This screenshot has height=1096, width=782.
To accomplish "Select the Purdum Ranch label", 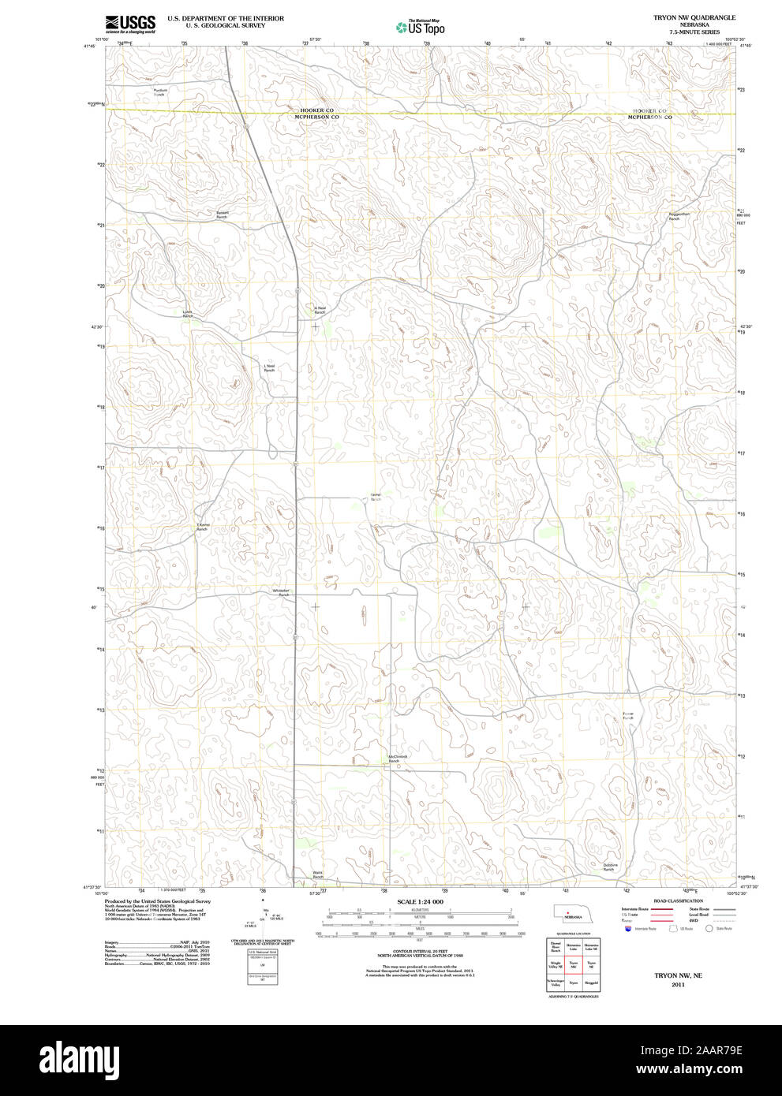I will click(160, 92).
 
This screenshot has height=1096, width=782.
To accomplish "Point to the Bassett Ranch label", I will click(223, 214).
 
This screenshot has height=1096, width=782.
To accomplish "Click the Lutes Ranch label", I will click(187, 314).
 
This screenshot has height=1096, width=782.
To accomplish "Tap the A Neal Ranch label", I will click(320, 311).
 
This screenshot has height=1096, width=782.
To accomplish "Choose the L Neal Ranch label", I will click(269, 368).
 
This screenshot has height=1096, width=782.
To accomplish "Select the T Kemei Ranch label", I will click(203, 527).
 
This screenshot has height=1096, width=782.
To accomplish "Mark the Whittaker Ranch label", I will click(282, 592).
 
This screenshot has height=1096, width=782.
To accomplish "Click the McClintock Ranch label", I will click(398, 759).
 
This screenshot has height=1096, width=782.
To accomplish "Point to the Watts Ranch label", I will click(318, 874).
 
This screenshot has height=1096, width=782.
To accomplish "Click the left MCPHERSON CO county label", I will click(316, 117).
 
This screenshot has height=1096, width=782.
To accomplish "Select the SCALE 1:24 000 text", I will click(420, 901).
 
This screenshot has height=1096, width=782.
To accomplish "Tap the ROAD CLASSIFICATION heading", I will click(678, 900).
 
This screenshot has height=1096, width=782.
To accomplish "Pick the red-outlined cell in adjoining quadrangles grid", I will click(574, 964).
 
